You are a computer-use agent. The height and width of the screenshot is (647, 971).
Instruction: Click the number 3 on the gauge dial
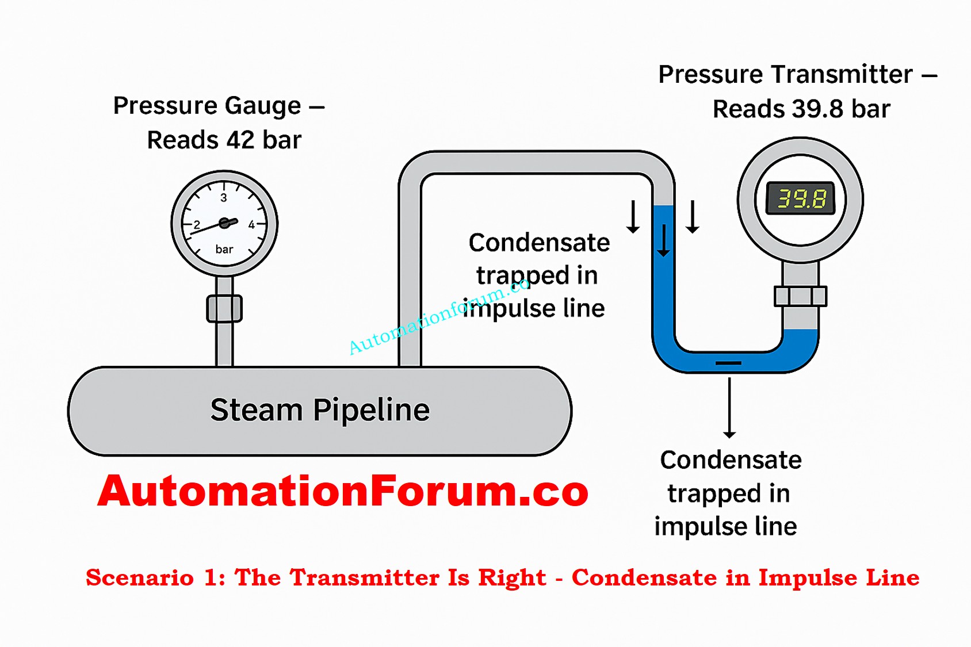[x=224, y=198]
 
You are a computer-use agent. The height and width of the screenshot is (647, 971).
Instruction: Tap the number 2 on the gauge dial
[x=197, y=225]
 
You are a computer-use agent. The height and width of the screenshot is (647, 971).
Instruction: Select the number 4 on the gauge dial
[x=251, y=225]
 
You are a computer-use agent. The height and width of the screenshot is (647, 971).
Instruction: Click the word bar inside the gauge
[x=224, y=250]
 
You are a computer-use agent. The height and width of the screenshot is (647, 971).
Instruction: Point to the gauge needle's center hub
[x=224, y=223]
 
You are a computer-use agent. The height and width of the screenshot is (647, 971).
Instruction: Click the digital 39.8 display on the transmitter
[x=801, y=199]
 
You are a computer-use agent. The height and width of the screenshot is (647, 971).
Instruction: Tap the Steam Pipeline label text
[x=320, y=410]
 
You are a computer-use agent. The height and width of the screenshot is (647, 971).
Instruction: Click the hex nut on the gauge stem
[x=224, y=309]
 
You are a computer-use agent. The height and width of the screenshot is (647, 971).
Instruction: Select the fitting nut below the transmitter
[x=800, y=296]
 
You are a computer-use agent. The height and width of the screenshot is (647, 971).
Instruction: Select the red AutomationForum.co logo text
[x=343, y=491]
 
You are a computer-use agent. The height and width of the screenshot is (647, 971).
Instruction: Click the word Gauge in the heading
[x=262, y=106]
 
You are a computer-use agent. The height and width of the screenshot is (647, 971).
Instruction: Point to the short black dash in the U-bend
[x=728, y=363]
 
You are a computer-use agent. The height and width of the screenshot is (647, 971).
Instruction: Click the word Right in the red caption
[x=512, y=578]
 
